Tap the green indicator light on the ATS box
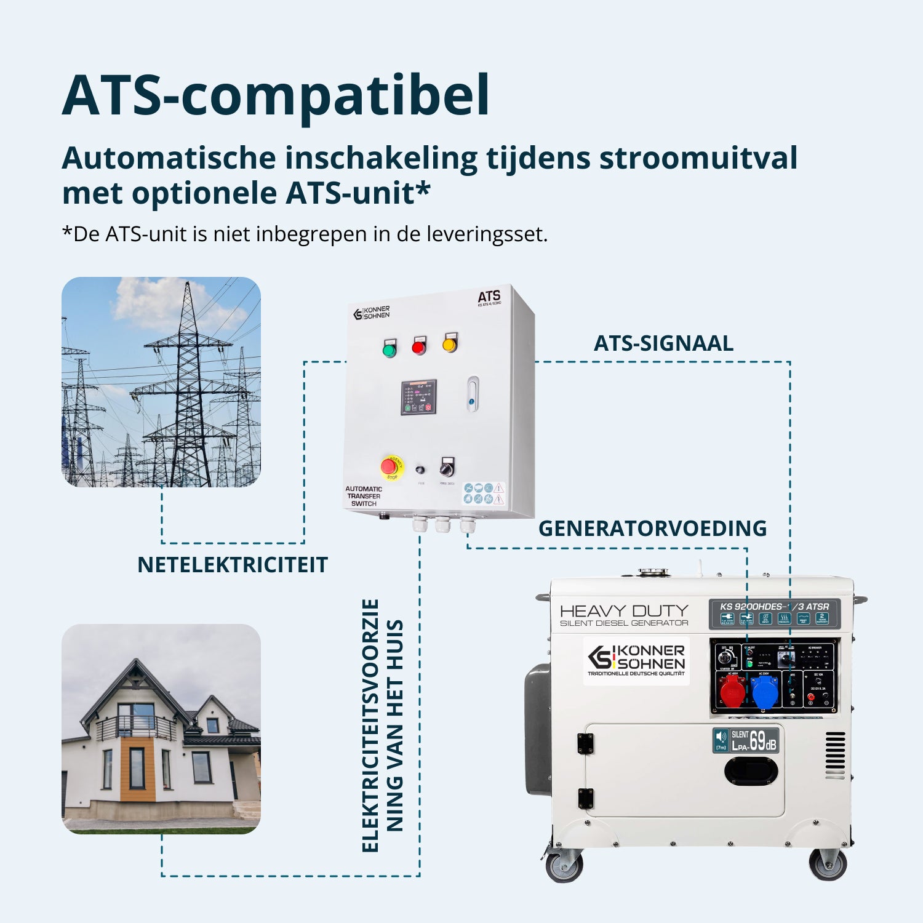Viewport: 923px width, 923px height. click(389, 350)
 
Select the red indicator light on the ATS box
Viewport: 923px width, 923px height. click(418, 348)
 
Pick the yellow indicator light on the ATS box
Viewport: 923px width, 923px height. click(450, 345)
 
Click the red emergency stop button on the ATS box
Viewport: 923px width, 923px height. click(390, 467)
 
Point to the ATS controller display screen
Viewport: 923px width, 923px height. click(418, 398)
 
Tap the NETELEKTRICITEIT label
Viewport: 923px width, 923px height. click(232, 565)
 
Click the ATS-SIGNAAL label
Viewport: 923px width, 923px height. click(663, 343)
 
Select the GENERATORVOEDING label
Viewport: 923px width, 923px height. click(652, 529)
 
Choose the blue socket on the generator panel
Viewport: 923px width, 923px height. click(764, 691)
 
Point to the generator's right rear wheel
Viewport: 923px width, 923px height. click(828, 864)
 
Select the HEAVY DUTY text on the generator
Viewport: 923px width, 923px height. click(624, 611)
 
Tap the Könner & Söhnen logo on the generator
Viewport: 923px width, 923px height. click(636, 660)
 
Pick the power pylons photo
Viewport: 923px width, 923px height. click(161, 382)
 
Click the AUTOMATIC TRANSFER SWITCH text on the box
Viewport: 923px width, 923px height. click(363, 496)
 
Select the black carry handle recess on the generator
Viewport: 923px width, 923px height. click(751, 771)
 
